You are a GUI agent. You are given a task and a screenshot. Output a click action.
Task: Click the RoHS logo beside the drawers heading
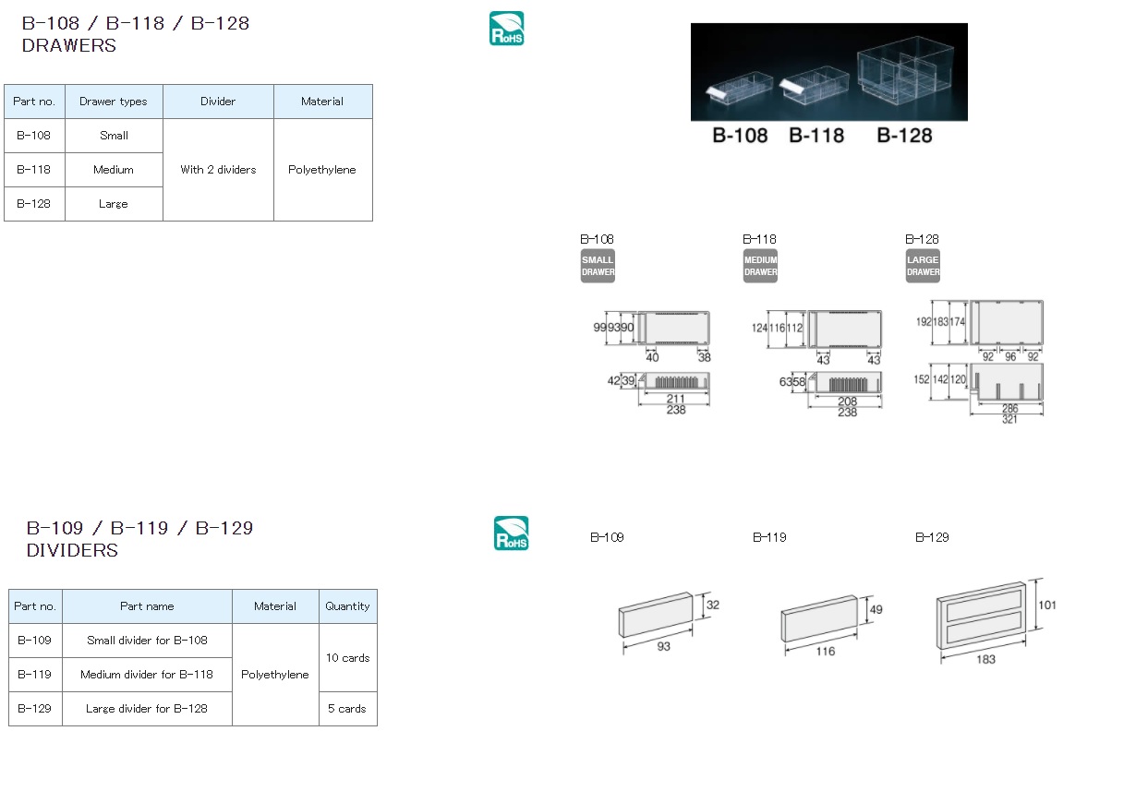[x=506, y=29]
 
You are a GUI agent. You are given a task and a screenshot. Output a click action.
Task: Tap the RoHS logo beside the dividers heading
[x=511, y=533]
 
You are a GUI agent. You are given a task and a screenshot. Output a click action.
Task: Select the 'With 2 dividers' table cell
[x=218, y=170]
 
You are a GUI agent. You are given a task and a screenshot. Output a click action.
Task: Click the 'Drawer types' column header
[x=114, y=102]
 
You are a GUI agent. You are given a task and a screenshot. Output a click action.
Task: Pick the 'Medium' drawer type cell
[x=114, y=170]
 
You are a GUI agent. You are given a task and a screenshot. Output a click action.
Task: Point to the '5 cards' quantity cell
[x=347, y=709]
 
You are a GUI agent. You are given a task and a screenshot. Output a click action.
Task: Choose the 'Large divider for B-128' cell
[x=147, y=709]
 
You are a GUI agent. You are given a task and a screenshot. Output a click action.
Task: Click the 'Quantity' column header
[x=347, y=606]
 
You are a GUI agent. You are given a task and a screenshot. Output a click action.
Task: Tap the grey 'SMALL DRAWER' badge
[x=598, y=266]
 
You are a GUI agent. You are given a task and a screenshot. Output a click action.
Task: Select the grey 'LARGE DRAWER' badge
[x=923, y=266]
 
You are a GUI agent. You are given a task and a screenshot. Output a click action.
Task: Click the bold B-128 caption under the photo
[x=904, y=136]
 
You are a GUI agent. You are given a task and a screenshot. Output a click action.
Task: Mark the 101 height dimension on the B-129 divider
[x=1047, y=605]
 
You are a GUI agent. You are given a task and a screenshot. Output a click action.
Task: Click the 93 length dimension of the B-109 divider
[x=664, y=646]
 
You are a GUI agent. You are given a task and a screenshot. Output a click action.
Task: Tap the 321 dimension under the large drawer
[x=1009, y=419]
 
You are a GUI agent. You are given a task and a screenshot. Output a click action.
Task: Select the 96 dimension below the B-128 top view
[x=1010, y=356]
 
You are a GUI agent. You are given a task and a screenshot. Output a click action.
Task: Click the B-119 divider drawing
[x=819, y=619]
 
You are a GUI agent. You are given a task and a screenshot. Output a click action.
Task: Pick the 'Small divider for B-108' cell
[x=147, y=641]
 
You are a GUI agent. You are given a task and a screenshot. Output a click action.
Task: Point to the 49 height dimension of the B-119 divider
[x=876, y=610]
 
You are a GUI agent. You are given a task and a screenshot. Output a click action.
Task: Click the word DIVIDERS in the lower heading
[x=72, y=550]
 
